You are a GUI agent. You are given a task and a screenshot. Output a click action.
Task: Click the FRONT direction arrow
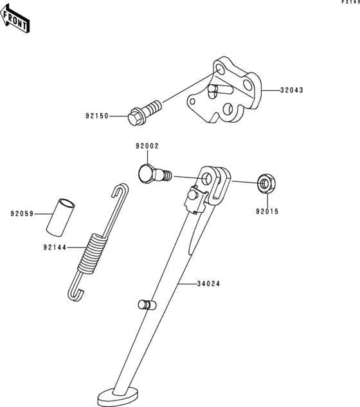(x=15, y=19)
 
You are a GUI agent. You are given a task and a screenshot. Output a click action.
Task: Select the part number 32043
(x=291, y=90)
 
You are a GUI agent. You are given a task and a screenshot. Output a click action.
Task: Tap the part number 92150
(x=97, y=116)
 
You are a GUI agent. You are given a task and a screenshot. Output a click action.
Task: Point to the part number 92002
(x=147, y=146)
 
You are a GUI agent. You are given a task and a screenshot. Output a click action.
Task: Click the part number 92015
(x=267, y=212)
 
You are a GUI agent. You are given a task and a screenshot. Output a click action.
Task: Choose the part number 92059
(x=22, y=214)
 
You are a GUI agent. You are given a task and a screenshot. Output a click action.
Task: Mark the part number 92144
(x=55, y=248)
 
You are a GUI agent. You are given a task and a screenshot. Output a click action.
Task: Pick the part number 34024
(x=208, y=284)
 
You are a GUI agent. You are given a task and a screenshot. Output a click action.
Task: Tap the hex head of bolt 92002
(x=147, y=174)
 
